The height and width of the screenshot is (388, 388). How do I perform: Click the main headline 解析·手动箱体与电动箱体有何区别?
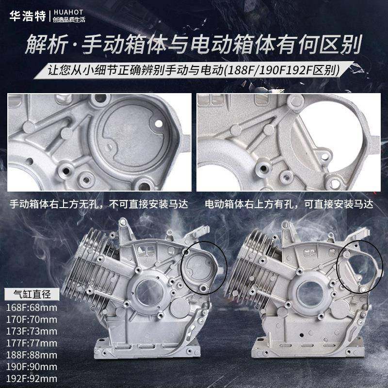pyautogui.click(x=194, y=47)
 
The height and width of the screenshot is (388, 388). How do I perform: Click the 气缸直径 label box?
pyautogui.click(x=32, y=293)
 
